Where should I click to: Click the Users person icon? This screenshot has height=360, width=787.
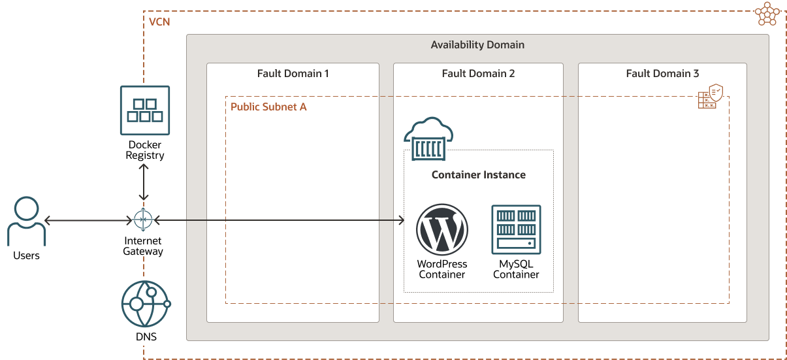27,221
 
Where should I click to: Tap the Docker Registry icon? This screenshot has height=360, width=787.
144,110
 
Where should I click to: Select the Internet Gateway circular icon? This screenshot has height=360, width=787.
143,220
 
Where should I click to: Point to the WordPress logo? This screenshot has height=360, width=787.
442,229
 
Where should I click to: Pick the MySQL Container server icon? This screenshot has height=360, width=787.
516,229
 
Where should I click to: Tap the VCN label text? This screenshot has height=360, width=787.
159,22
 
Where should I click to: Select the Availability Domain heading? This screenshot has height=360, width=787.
477,45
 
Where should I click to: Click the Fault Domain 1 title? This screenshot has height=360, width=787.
293,73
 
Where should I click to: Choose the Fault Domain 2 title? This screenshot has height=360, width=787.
478,73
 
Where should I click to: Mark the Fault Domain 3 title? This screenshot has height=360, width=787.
662,73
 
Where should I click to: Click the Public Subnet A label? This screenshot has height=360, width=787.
268,106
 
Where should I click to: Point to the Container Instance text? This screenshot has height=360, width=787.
478,175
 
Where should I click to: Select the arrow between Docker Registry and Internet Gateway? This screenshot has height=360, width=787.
144,183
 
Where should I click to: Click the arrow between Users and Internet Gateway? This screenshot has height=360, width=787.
87,221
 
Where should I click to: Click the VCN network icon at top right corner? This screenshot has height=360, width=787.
767,14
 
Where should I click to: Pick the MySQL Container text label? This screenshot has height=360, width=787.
516,269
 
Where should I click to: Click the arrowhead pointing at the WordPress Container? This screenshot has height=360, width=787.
400,221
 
